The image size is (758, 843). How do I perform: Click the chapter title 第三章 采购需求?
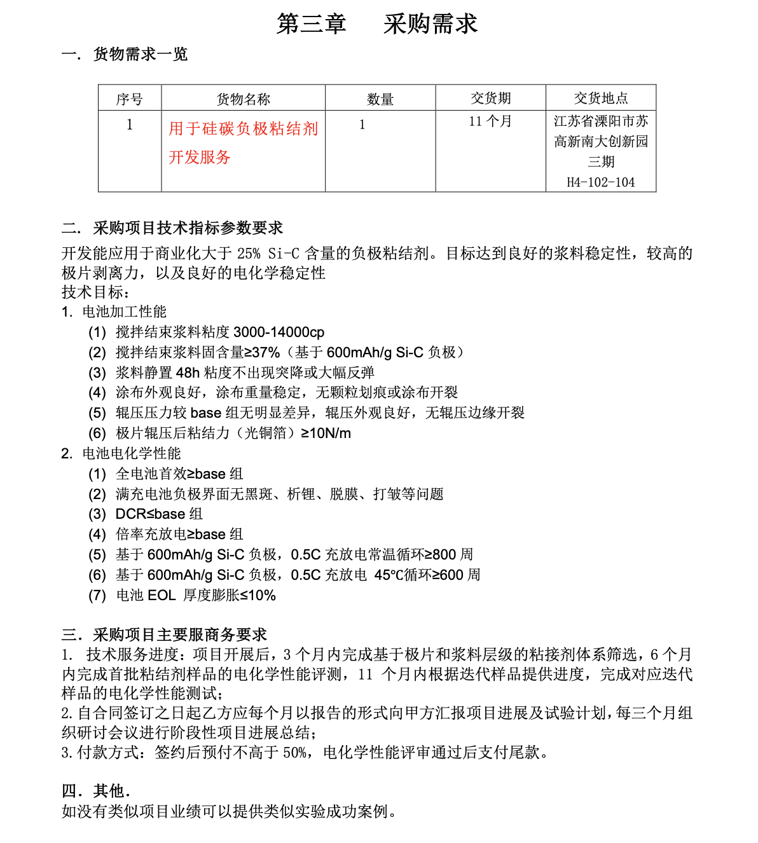377,24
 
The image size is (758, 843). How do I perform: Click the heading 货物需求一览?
140,54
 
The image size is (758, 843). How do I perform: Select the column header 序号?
130,99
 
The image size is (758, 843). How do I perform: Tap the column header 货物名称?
243,99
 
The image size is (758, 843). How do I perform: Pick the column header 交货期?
490,98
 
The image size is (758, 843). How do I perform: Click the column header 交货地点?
600,98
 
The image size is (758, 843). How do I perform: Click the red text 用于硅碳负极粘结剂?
243,129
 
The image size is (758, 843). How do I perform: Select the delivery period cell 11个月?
490,121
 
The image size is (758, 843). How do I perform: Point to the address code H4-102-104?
600,182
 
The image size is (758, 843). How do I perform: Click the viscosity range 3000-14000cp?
279,332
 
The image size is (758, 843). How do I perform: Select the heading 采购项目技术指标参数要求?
188,228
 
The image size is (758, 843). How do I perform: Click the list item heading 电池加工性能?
124,312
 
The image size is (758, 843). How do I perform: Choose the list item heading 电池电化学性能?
131,453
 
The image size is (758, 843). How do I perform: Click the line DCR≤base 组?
159,514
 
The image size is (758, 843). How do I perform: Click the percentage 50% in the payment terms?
294,753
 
